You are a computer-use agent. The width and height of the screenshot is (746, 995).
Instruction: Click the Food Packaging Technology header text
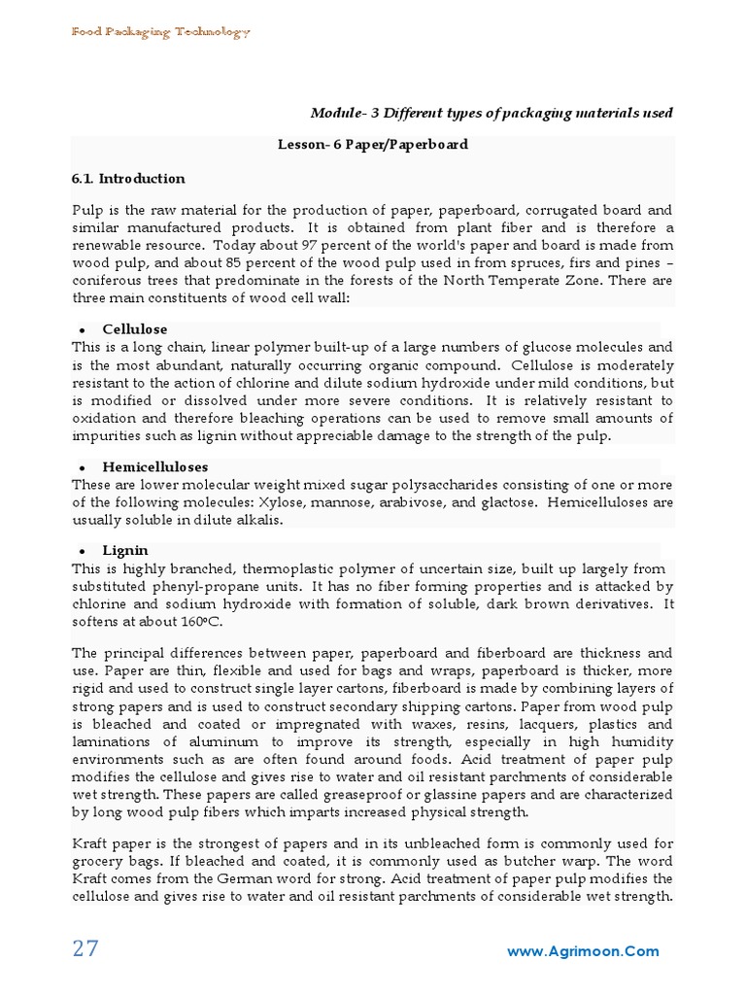[x=161, y=32]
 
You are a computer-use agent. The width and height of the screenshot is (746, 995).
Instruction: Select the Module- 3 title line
[x=492, y=113]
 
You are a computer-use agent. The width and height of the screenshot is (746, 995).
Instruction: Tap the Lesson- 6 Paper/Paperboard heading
[x=373, y=144]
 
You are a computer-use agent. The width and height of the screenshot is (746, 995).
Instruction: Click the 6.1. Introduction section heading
[x=128, y=179]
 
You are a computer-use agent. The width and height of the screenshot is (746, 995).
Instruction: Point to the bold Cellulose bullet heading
[x=135, y=329]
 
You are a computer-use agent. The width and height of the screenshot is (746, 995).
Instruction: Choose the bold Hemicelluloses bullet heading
[x=155, y=467]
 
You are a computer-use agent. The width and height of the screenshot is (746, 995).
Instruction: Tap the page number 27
[x=85, y=949]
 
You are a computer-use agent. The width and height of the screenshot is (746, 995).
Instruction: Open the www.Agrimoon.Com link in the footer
[x=583, y=952]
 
